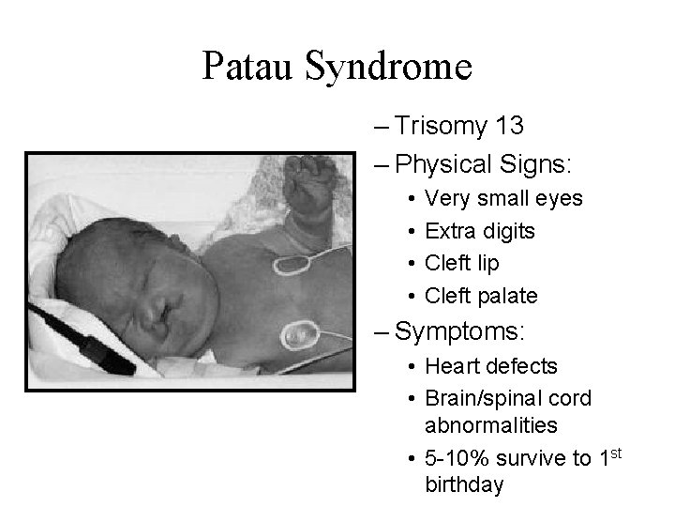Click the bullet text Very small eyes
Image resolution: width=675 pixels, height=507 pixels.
[x=503, y=198]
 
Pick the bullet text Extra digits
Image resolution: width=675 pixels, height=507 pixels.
[x=480, y=231]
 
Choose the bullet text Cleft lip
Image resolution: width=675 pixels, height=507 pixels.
[x=462, y=263]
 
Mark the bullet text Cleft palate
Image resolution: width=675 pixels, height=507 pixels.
[x=481, y=296]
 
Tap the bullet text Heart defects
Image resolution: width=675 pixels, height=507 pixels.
[x=491, y=365]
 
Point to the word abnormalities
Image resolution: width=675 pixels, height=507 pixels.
[x=491, y=425]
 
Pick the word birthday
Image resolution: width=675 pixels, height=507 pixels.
[x=464, y=484]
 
